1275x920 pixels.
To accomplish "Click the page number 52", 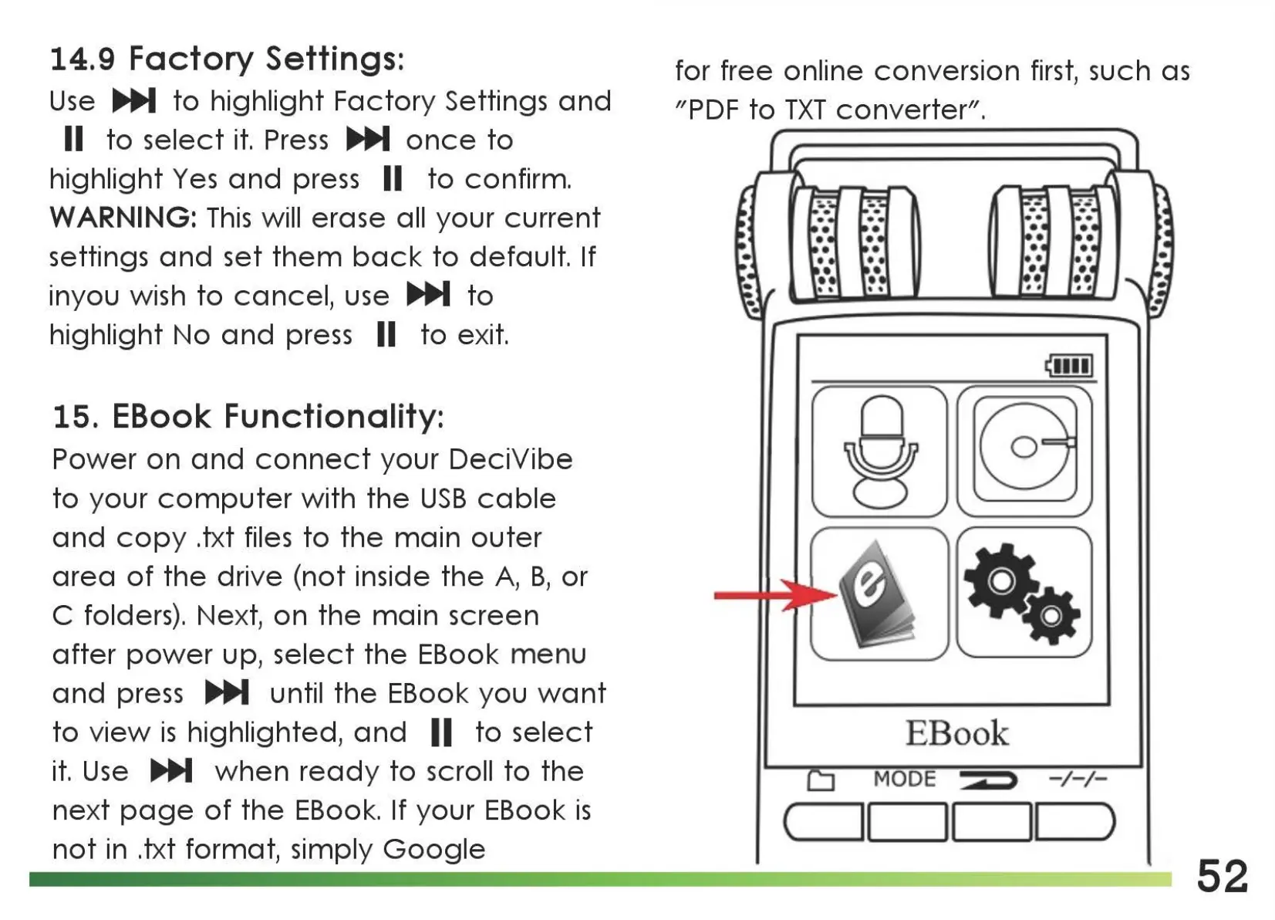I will pos(1222,877).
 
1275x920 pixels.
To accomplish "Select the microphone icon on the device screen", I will pos(879,452).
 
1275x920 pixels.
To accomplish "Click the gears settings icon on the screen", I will pos(1024,594).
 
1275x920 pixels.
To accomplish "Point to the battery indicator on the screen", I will pos(1070,365).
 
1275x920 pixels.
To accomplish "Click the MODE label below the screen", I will pos(904,780).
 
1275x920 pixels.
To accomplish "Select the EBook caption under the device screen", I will pos(956,733).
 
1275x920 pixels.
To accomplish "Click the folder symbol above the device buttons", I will pos(821,781).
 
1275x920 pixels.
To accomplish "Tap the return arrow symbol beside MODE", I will pos(988,780).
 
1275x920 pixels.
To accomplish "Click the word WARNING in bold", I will pos(123,218).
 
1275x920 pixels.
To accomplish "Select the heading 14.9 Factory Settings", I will pos(227,59).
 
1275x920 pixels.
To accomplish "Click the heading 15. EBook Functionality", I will pos(248,417).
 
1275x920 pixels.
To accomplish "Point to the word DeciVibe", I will pos(510,460).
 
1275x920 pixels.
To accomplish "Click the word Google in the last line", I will pos(433,850).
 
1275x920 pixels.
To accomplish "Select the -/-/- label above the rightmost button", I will pos(1078,780).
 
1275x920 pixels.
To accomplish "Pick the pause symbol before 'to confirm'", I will pos(393,179).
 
